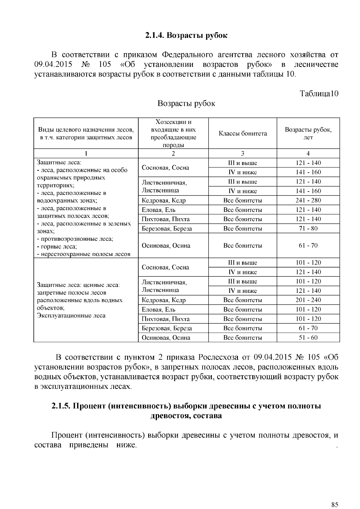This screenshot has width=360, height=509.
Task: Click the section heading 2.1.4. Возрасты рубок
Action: [x=186, y=35]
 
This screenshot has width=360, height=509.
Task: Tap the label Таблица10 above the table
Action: [x=319, y=94]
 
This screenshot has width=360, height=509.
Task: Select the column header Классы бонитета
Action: [x=242, y=134]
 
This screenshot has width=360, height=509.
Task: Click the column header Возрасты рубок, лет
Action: [x=308, y=134]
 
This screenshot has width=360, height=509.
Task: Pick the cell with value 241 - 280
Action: [x=308, y=200]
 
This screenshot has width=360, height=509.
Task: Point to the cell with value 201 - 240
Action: [x=308, y=300]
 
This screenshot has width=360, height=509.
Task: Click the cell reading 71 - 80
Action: [x=308, y=228]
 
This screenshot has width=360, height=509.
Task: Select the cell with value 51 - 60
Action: [x=308, y=338]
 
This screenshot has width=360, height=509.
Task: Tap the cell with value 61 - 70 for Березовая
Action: [x=308, y=328]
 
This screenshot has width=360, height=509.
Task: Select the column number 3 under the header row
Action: [x=242, y=153]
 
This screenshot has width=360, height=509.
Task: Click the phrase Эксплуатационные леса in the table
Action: [x=71, y=316]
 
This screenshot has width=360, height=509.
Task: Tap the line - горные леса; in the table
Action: [x=57, y=247]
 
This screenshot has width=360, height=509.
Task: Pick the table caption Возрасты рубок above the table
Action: [x=186, y=103]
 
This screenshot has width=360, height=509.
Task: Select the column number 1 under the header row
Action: [x=86, y=153]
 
